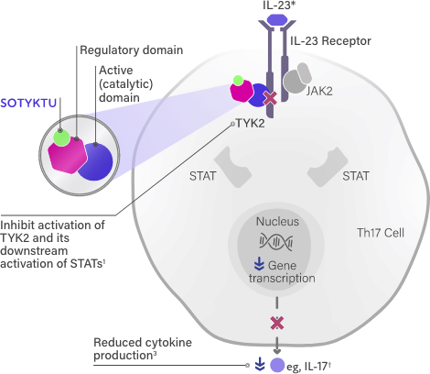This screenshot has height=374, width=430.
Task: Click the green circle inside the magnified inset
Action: click(60, 138)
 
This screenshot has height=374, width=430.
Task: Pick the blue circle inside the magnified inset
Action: click(94, 159)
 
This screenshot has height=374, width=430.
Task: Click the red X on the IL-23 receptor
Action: click(270, 97)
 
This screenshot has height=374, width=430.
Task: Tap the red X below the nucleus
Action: click(274, 322)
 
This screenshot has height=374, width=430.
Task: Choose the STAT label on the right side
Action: click(356, 172)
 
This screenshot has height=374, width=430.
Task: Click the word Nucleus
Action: click(277, 221)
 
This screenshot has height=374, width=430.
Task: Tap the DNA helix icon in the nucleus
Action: click(276, 242)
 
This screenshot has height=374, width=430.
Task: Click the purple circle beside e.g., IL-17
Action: click(277, 364)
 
